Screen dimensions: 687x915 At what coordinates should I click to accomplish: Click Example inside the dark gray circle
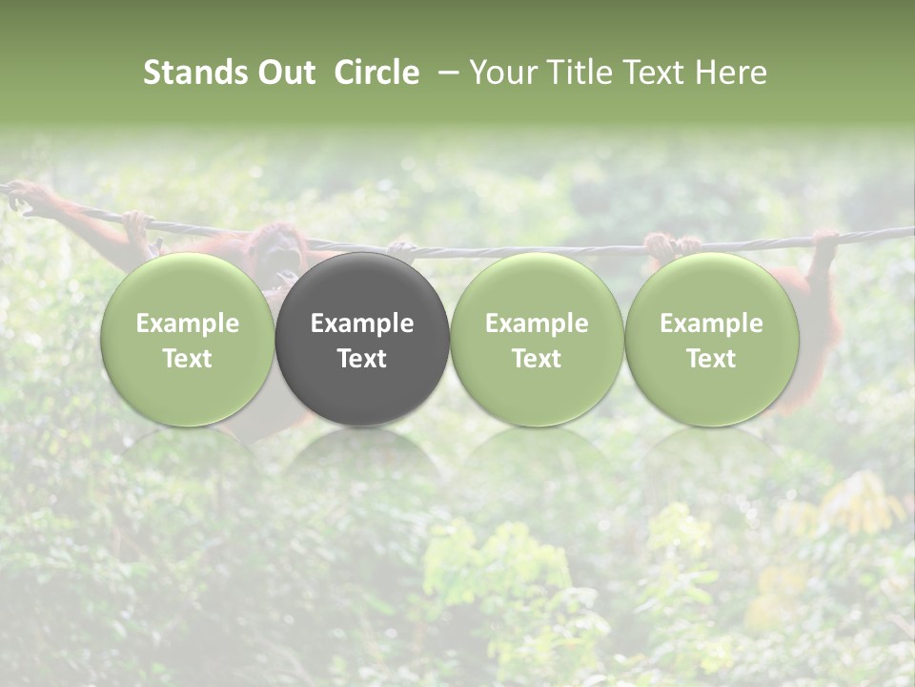[362, 323]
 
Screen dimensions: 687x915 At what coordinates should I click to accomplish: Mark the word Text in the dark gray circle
[362, 359]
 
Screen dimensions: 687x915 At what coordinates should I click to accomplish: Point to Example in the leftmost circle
[187, 323]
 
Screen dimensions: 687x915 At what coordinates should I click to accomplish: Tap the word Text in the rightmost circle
[712, 359]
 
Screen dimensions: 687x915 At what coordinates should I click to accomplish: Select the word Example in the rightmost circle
[712, 323]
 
